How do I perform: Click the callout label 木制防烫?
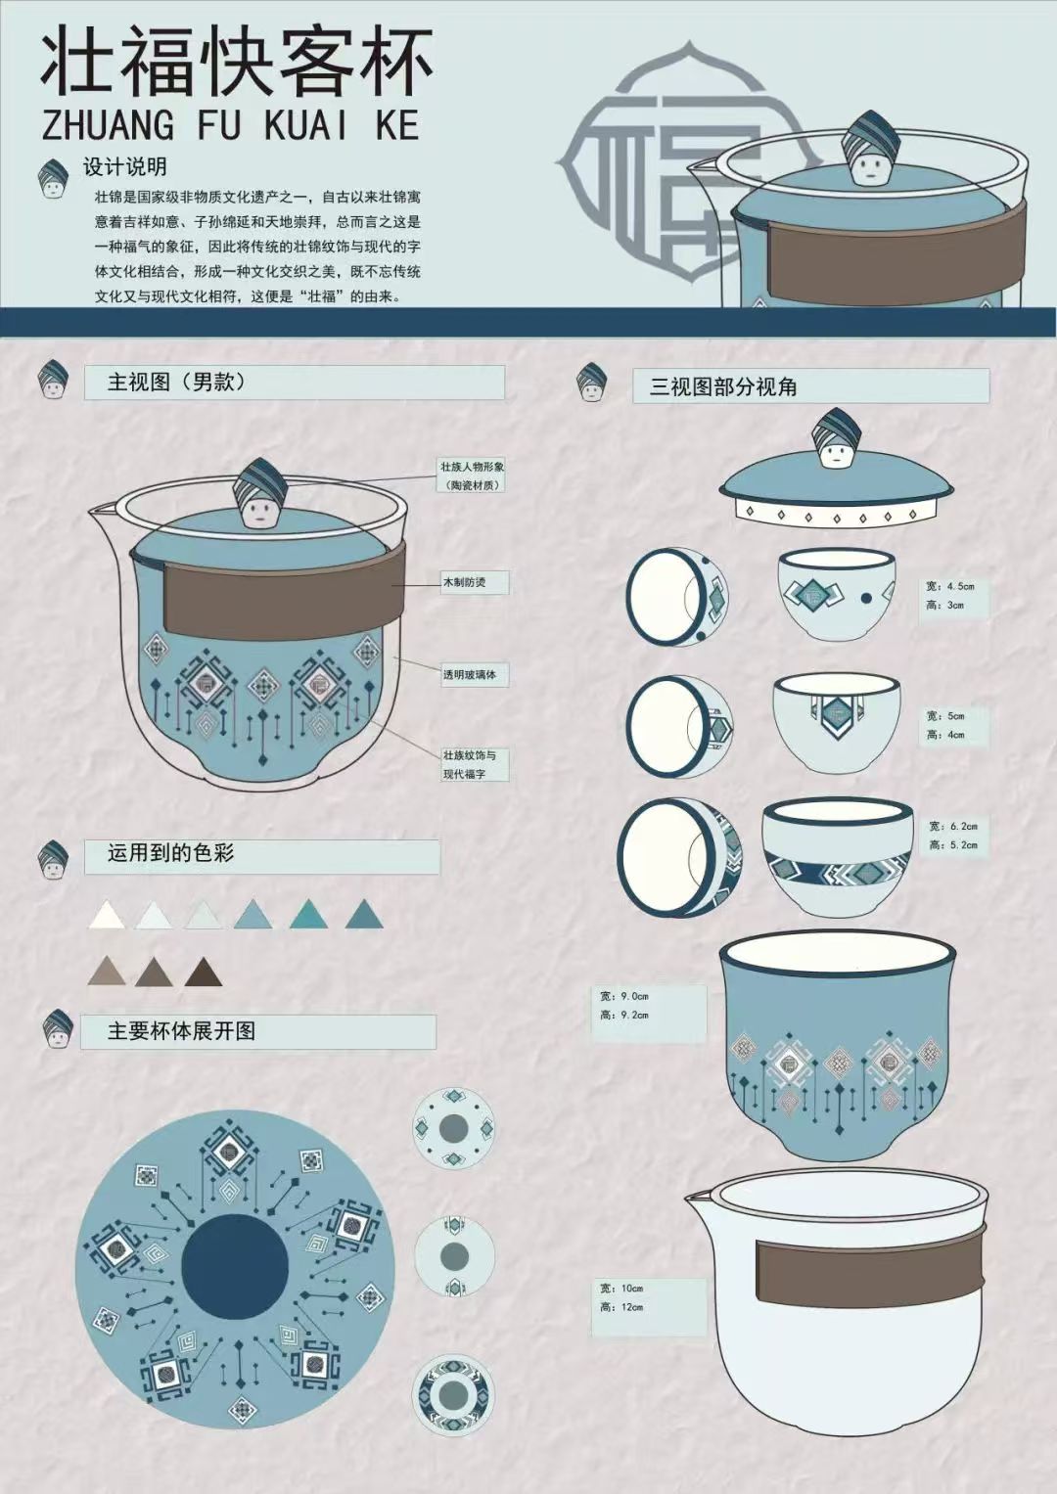tap(465, 582)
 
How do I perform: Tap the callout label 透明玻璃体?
tap(470, 674)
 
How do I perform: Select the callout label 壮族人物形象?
tap(473, 467)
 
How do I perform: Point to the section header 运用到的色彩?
tap(171, 853)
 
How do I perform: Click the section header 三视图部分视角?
tap(723, 386)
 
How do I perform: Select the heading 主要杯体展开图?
tap(181, 1031)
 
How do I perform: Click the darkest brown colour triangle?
tap(203, 973)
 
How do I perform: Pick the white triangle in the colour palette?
tap(107, 917)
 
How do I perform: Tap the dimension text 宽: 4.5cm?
tap(950, 586)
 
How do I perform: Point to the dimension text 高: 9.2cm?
tap(624, 1016)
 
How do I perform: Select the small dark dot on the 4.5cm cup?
tap(866, 598)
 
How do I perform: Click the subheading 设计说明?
tap(125, 167)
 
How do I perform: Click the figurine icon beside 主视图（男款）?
tap(54, 380)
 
